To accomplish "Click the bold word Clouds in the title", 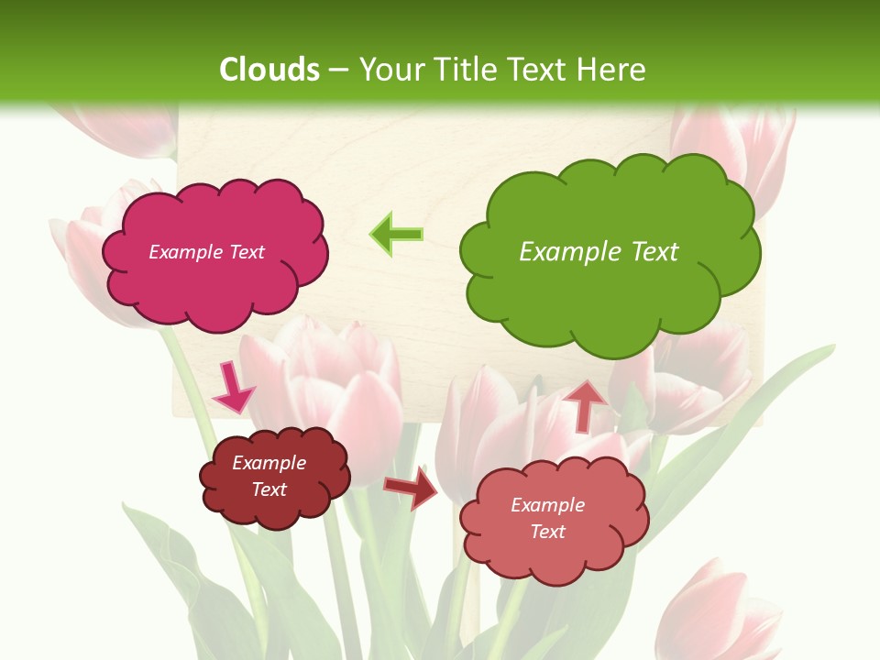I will coord(269,70).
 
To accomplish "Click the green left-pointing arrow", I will coord(396,235).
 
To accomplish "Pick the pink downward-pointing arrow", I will coord(234,388).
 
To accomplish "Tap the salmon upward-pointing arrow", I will coord(586,404).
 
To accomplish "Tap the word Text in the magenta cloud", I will coord(246,252).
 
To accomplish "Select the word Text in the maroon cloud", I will coord(269,489).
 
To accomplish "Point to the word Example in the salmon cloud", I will coord(547,505).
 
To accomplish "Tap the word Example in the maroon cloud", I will coord(269,463).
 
